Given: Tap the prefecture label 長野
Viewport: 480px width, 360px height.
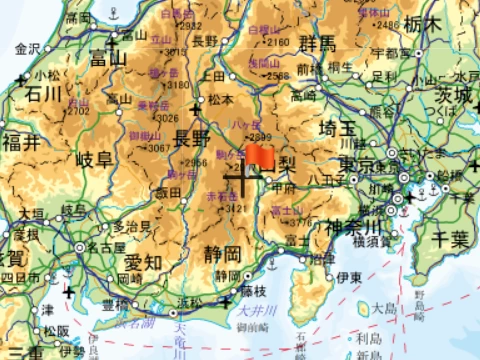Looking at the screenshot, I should point(193,138).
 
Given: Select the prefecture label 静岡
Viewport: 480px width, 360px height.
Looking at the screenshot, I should point(221,252).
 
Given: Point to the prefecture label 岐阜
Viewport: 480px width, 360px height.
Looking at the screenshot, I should point(96,160).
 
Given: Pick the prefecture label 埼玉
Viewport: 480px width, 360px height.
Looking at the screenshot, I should point(337,129).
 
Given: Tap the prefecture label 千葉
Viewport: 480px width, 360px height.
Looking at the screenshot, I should point(447,238).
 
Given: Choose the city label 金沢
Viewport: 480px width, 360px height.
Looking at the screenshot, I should point(27,48).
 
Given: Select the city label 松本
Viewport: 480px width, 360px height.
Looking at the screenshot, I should point(220,99).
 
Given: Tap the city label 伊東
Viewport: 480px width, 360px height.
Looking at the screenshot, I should point(348,276).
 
